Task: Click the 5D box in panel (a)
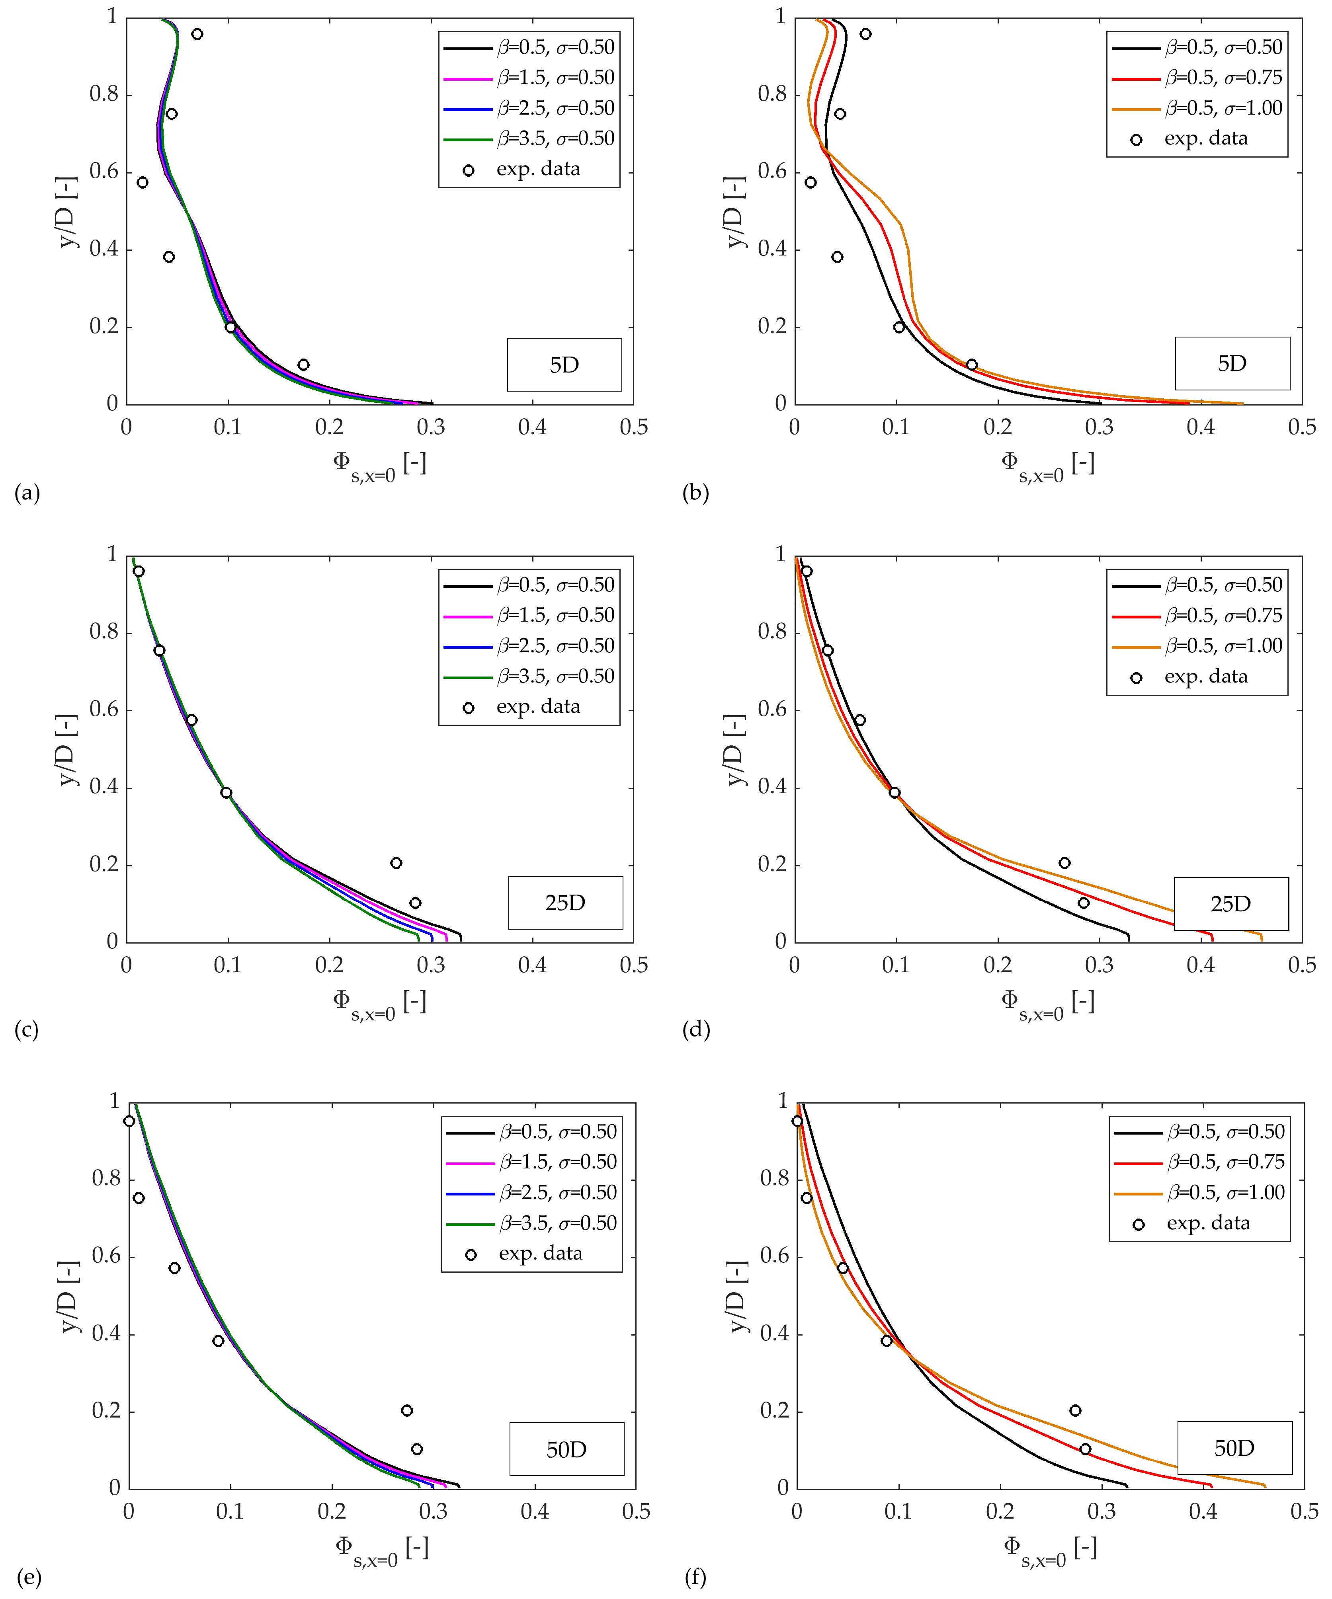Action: coord(564,365)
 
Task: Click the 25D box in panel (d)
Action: coord(1231,904)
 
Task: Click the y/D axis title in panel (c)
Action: coord(68,750)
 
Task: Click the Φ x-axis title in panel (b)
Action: coord(1047,464)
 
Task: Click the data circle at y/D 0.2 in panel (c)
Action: coord(396,863)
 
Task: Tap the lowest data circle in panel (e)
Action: coord(416,1449)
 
